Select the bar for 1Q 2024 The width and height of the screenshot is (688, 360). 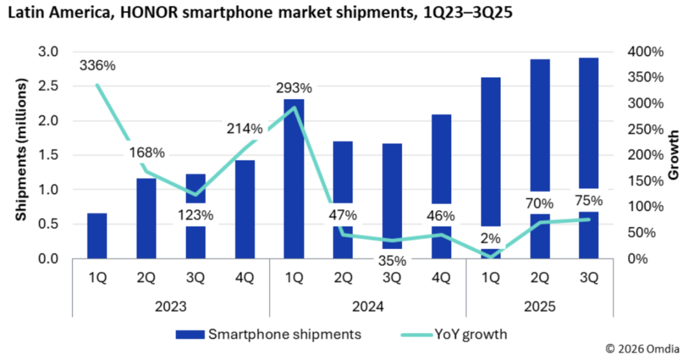pyautogui.click(x=294, y=178)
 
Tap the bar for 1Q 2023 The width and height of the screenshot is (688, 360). pyautogui.click(x=97, y=236)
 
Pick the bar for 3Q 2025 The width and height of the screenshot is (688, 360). pyautogui.click(x=588, y=127)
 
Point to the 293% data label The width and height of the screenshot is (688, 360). pyautogui.click(x=294, y=88)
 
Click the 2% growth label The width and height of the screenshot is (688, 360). pyautogui.click(x=491, y=239)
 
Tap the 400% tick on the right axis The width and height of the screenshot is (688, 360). pyautogui.click(x=644, y=52)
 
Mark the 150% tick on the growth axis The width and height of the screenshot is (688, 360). pyautogui.click(x=644, y=181)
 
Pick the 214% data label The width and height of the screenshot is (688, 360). pyautogui.click(x=245, y=129)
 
